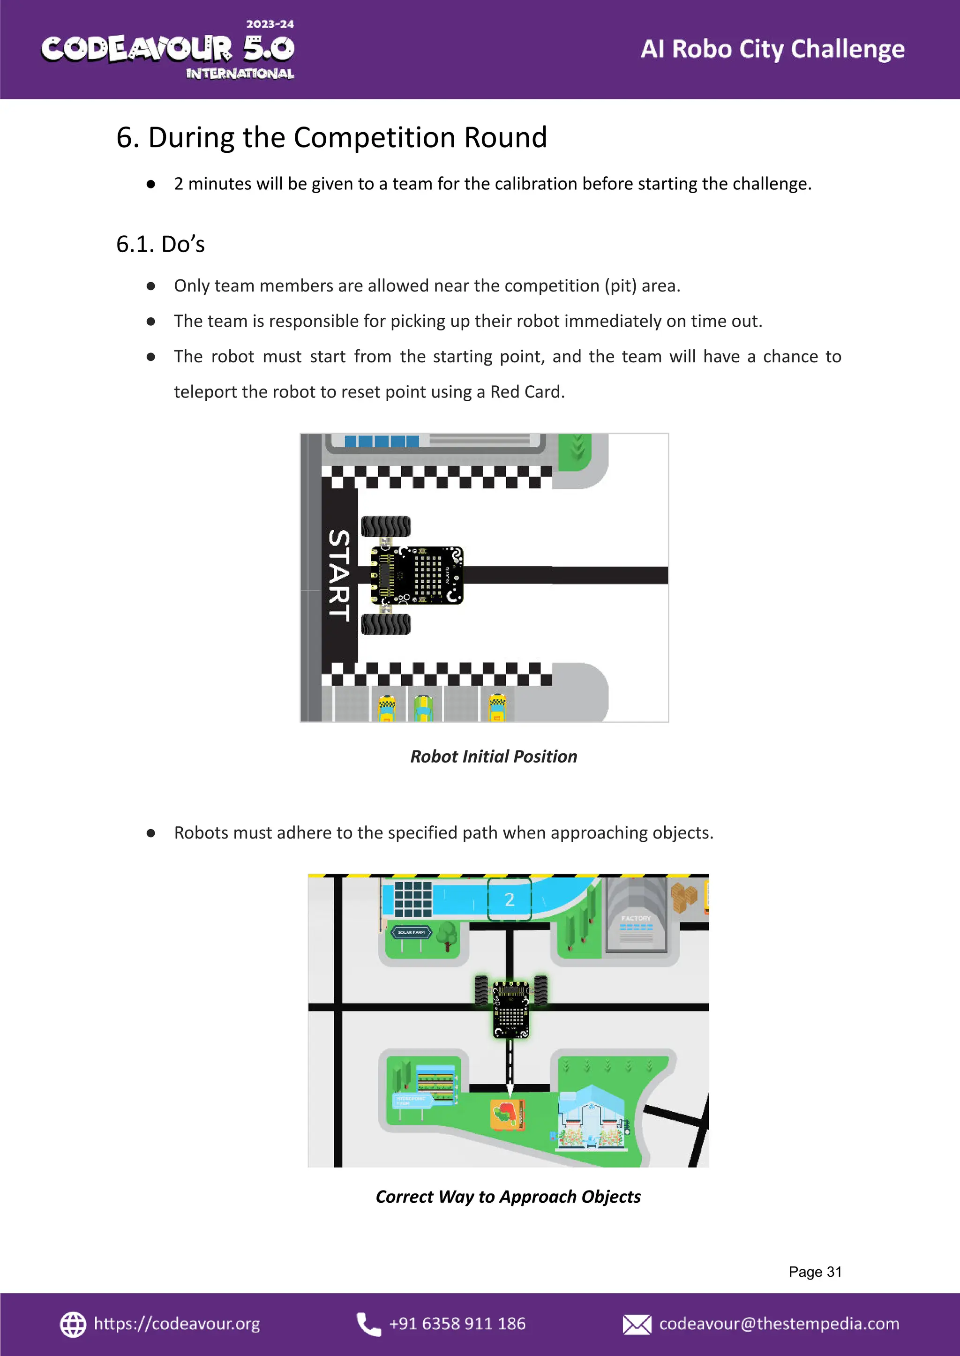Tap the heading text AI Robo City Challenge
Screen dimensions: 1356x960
[x=772, y=49]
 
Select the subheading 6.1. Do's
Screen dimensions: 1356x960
[x=160, y=244]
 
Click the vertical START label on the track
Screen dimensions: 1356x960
[x=339, y=575]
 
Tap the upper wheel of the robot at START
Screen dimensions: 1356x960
[x=385, y=526]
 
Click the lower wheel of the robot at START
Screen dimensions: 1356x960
[x=385, y=623]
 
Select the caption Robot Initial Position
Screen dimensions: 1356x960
[x=493, y=757]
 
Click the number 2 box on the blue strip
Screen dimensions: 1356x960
[x=509, y=899]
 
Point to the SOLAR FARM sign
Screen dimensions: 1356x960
[x=412, y=932]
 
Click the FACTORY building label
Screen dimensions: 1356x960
[x=636, y=919]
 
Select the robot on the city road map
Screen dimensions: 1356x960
[x=511, y=1005]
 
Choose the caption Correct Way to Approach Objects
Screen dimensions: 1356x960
[x=508, y=1196]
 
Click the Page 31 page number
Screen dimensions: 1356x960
[x=815, y=1272]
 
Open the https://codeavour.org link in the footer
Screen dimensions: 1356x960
[x=176, y=1324]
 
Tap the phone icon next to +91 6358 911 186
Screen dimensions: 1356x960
[x=368, y=1324]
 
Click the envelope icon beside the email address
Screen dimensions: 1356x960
[x=636, y=1324]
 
